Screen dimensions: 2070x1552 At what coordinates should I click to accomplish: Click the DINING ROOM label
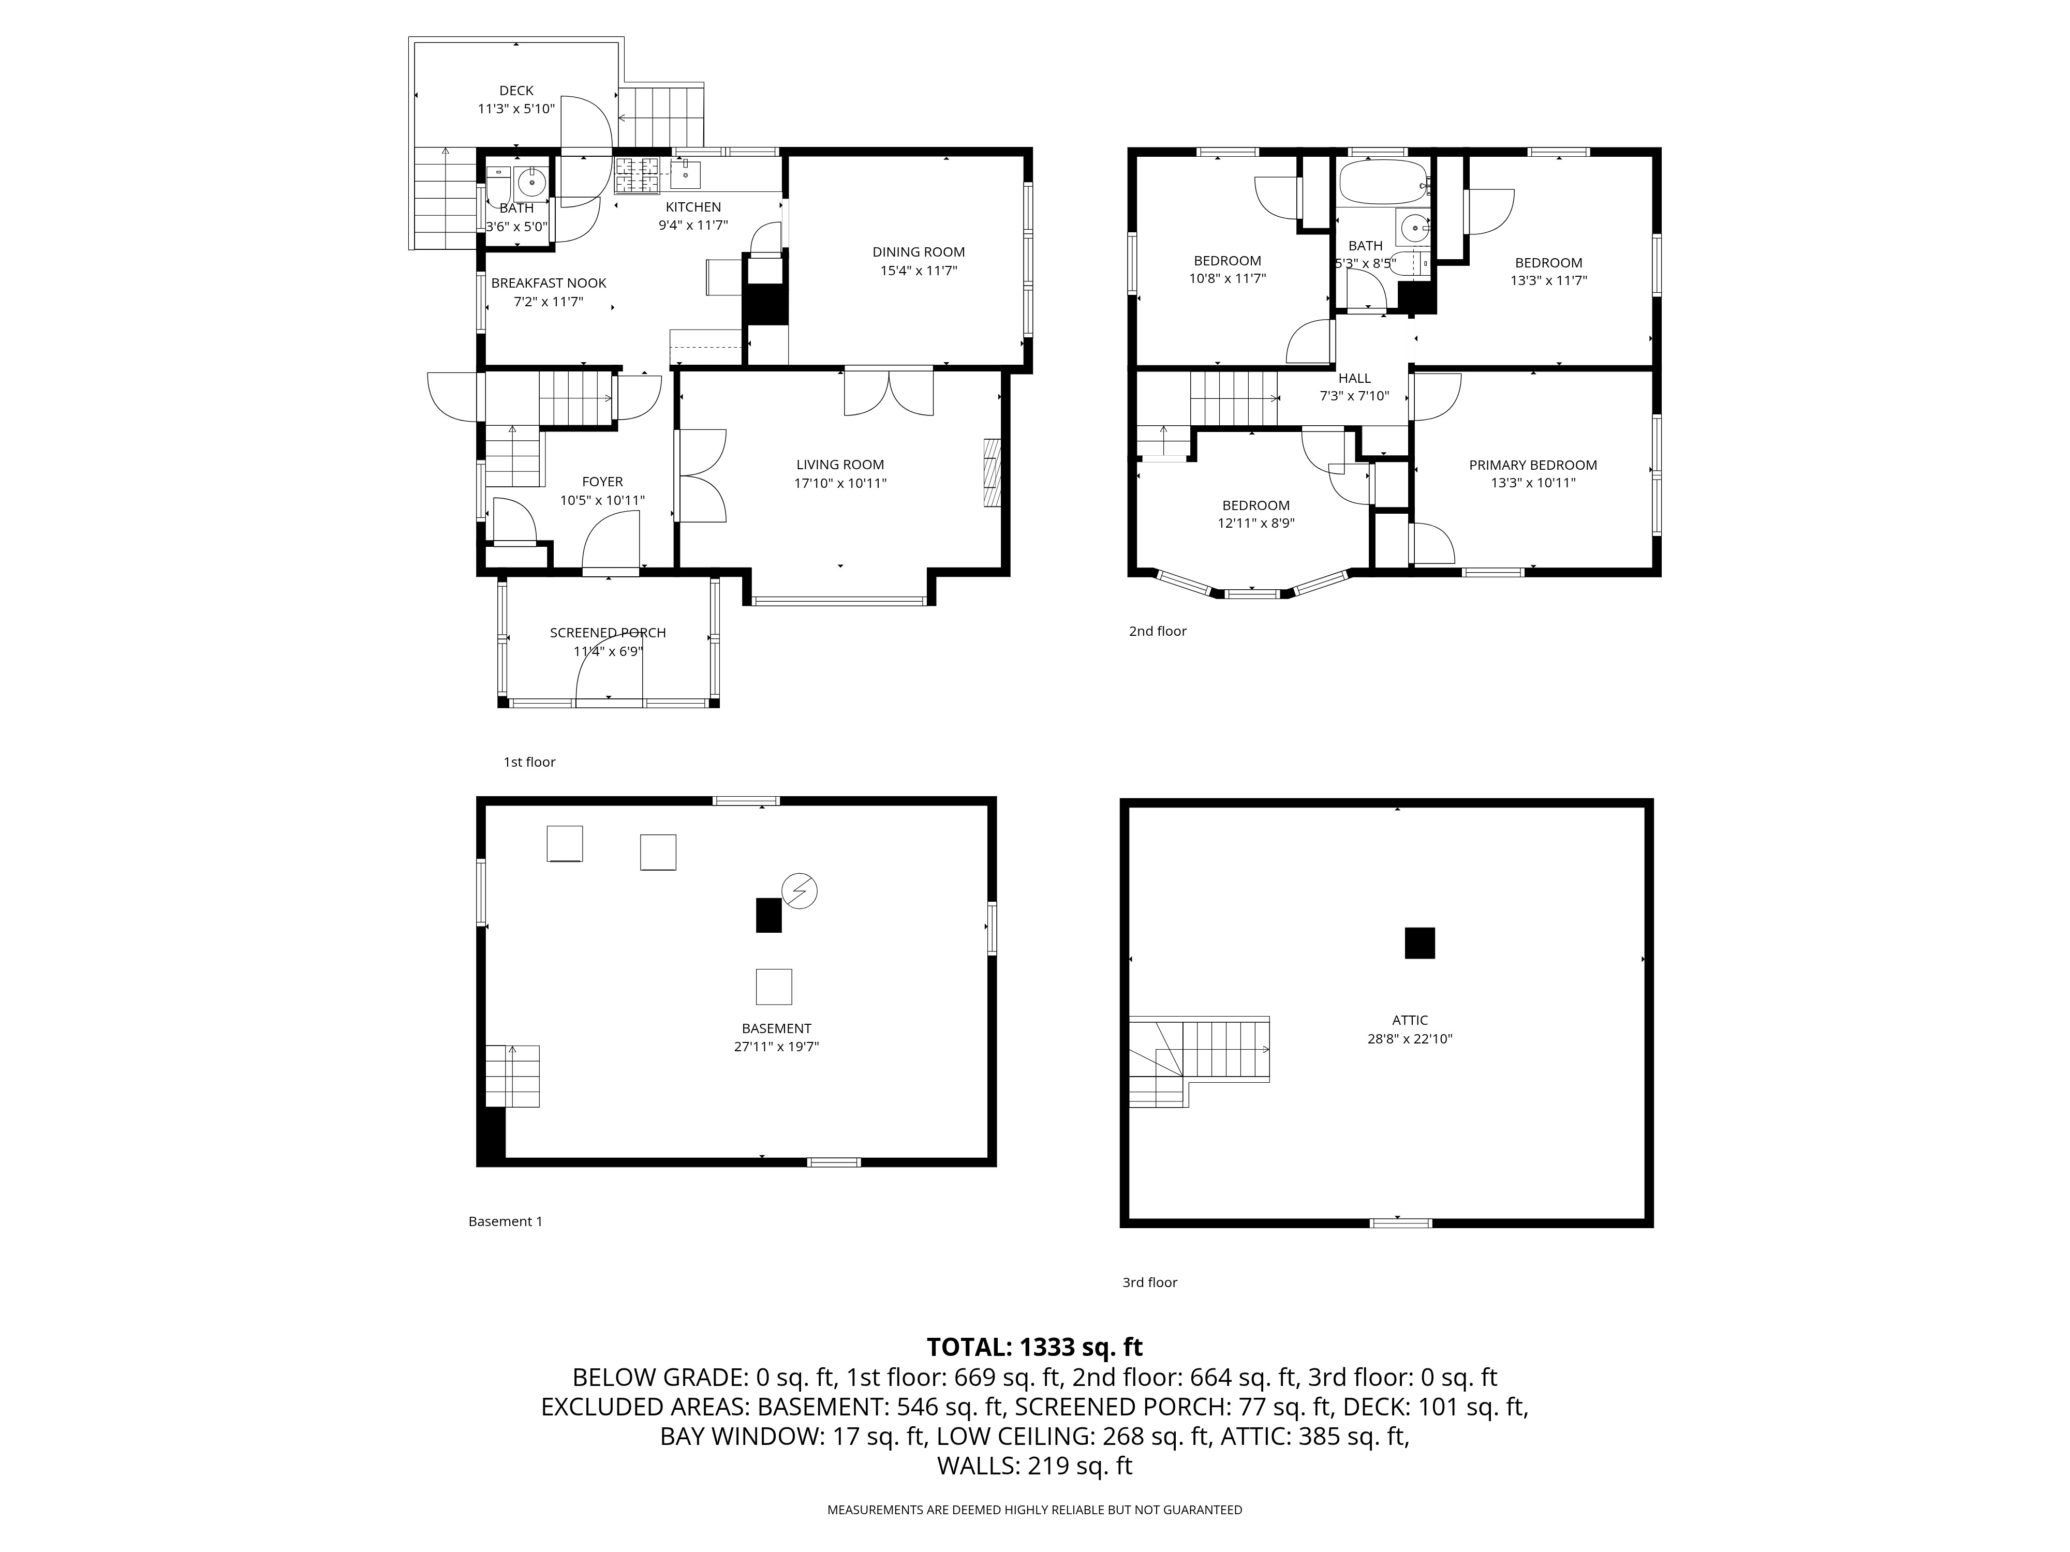[918, 251]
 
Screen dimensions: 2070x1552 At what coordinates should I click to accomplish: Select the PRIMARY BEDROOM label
[1533, 465]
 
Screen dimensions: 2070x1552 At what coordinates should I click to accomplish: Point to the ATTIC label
[1409, 1021]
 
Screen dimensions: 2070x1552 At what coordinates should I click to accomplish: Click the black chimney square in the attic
[1420, 943]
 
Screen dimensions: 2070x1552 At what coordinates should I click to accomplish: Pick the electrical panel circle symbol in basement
[799, 891]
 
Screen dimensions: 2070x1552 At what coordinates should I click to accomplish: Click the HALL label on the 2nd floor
[1354, 378]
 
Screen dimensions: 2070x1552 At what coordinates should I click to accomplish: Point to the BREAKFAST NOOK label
[549, 282]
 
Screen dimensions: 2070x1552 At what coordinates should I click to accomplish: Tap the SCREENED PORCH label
[608, 632]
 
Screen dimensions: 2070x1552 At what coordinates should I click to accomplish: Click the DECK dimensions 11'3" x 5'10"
[516, 109]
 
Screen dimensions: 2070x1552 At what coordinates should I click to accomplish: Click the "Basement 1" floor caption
[505, 1221]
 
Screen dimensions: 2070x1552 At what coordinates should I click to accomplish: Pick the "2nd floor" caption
[1158, 631]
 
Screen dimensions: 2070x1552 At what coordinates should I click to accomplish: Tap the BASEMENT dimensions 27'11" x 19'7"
[776, 1047]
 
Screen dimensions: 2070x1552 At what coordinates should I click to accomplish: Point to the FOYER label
[602, 482]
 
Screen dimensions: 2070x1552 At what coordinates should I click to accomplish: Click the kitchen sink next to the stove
[685, 174]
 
